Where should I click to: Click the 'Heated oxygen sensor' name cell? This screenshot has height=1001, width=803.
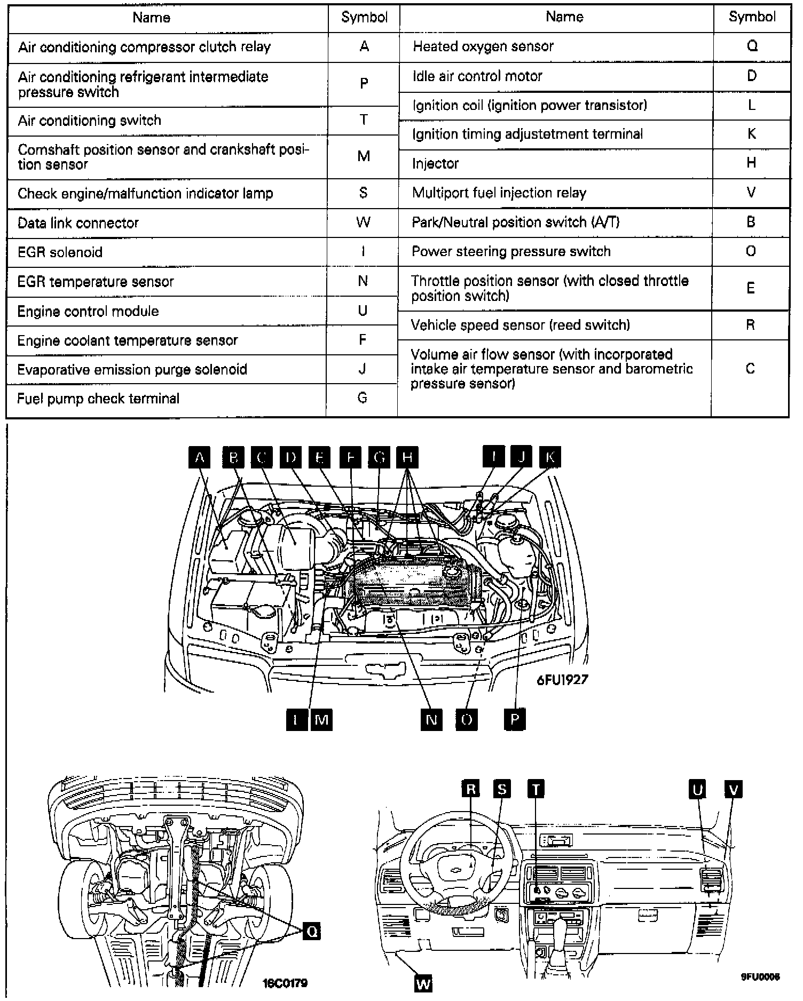483,47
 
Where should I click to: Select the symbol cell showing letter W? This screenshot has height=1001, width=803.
363,223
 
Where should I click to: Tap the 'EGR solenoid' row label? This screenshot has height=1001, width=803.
60,252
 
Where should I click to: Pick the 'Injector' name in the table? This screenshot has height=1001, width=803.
435,163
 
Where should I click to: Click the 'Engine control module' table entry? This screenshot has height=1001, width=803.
88,311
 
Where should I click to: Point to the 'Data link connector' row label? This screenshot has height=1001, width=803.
78,223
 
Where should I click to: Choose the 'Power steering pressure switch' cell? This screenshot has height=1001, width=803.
511,251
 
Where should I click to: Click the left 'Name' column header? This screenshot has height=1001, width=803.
152,18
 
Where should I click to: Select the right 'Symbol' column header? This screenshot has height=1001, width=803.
752,17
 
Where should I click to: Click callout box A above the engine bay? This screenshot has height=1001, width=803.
200,457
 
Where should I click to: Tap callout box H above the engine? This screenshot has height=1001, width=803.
407,457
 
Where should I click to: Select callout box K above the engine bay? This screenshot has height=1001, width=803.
550,457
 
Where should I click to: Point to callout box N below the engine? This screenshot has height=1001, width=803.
431,720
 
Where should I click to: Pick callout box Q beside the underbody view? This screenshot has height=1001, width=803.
312,931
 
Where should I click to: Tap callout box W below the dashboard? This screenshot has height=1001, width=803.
423,983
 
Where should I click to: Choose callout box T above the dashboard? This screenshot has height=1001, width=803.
536,789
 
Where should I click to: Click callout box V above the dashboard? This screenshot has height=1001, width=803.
734,789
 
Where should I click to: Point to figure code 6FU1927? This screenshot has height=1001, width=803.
562,680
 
